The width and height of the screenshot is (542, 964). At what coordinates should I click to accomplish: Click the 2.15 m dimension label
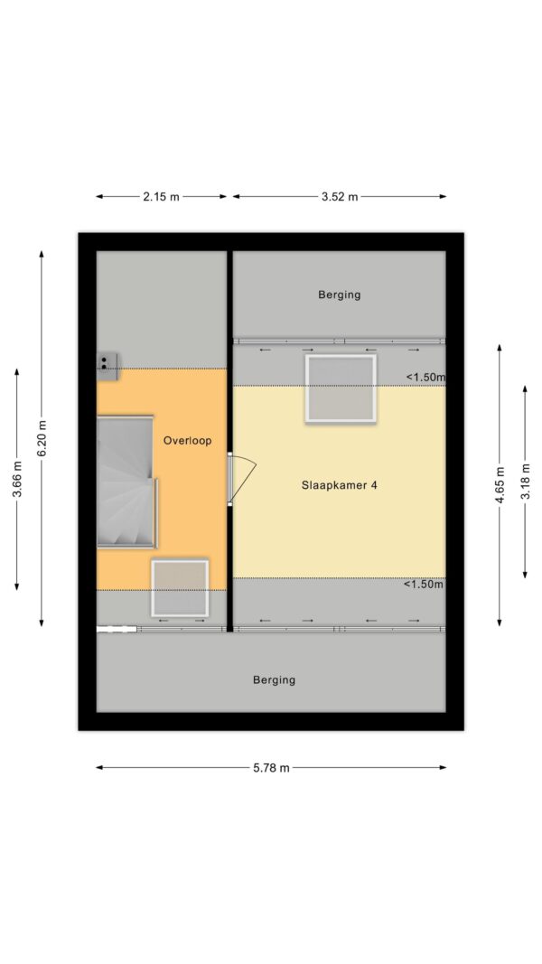click(162, 197)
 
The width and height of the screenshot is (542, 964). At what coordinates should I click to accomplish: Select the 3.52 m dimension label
click(340, 197)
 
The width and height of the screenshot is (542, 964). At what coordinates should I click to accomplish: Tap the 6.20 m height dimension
click(42, 438)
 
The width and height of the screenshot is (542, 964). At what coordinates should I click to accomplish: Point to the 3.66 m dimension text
click(16, 480)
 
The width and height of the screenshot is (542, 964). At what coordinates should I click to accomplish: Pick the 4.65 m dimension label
click(500, 485)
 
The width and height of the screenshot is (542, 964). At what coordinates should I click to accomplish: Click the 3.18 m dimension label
click(525, 482)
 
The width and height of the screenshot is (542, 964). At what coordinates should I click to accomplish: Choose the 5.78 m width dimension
click(271, 768)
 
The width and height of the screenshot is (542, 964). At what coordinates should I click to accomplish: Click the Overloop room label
click(187, 441)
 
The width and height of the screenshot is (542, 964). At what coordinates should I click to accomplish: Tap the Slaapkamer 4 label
click(340, 485)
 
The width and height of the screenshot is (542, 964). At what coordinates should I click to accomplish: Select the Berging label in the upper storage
click(340, 295)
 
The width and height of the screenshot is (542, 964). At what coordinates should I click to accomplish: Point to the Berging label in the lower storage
click(274, 680)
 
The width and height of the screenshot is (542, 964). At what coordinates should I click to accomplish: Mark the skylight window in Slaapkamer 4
click(341, 388)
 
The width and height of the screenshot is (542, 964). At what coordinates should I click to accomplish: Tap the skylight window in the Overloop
click(180, 588)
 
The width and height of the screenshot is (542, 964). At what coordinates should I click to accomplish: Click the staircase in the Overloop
click(126, 482)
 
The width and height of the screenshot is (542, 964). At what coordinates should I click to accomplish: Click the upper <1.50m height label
click(425, 378)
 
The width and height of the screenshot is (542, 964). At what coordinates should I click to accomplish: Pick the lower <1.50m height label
click(424, 585)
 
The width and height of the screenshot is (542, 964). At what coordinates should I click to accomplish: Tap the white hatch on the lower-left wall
click(117, 629)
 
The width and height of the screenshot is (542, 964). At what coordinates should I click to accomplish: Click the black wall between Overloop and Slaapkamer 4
click(229, 441)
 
